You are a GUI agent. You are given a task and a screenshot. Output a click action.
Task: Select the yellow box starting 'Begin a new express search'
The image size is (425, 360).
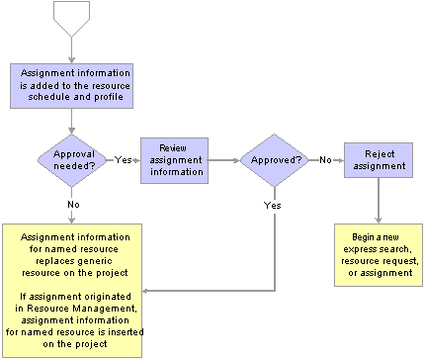coord(378,254)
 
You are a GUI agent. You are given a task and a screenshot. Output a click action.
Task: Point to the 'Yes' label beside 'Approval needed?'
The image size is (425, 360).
coord(125,157)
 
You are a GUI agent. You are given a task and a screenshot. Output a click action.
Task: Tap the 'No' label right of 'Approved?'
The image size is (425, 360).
coord(323,157)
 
